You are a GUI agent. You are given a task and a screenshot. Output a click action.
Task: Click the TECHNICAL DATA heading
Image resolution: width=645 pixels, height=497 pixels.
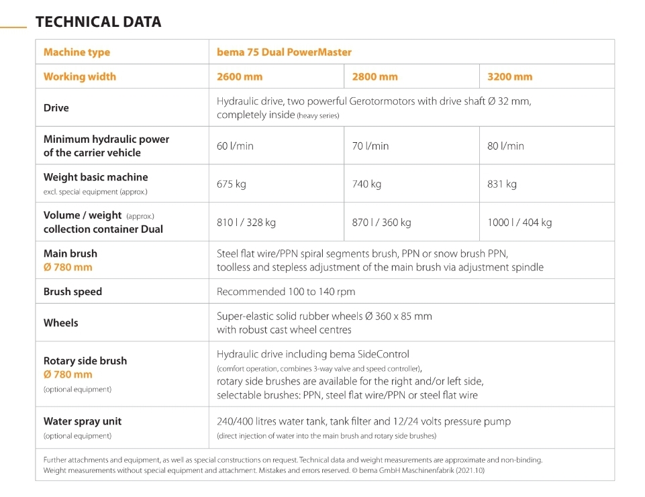click(x=98, y=21)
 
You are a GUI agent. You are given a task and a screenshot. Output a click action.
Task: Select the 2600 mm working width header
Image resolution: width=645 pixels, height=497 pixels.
click(x=240, y=77)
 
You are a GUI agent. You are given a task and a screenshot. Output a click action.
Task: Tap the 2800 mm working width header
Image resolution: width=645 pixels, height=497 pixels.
click(x=375, y=77)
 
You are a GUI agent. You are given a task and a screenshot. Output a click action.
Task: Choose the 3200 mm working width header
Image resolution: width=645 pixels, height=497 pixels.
click(x=509, y=77)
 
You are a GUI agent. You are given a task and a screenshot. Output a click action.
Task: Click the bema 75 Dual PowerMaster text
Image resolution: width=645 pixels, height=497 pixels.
click(x=285, y=52)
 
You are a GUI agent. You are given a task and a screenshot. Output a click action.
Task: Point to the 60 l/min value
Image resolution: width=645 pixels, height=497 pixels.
click(x=235, y=146)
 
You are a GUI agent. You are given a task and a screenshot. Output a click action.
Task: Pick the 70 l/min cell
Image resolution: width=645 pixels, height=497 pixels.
click(x=370, y=146)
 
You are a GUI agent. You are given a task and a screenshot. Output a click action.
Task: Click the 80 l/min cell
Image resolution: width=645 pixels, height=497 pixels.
click(x=505, y=146)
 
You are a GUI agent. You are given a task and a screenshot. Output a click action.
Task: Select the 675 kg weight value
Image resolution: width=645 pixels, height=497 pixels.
click(x=231, y=184)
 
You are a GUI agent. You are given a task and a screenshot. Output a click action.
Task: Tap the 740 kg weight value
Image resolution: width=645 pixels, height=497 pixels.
click(x=366, y=184)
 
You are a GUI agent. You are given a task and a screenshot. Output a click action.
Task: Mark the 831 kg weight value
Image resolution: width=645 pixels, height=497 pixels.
click(x=502, y=184)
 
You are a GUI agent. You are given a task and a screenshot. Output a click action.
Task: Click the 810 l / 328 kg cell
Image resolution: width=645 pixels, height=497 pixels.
click(x=246, y=223)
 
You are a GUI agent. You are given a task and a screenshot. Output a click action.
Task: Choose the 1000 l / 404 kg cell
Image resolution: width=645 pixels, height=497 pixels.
click(x=519, y=223)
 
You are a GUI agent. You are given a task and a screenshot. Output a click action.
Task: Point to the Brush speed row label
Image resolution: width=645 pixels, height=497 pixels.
click(x=72, y=292)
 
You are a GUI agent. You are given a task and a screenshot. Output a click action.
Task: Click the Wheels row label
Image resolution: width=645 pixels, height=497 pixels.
click(x=61, y=323)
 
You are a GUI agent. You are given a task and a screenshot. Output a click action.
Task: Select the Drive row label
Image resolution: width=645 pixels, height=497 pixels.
click(x=56, y=108)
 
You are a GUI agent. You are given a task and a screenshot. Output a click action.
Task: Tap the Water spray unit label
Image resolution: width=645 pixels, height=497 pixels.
click(x=83, y=421)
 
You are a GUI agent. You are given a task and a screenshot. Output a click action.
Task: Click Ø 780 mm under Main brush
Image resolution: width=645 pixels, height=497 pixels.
click(x=68, y=267)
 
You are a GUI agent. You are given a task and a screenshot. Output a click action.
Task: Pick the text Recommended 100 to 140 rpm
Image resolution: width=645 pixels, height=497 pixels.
click(x=286, y=292)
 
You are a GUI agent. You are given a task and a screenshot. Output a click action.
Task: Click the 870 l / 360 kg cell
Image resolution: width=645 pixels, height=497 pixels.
click(x=381, y=223)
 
